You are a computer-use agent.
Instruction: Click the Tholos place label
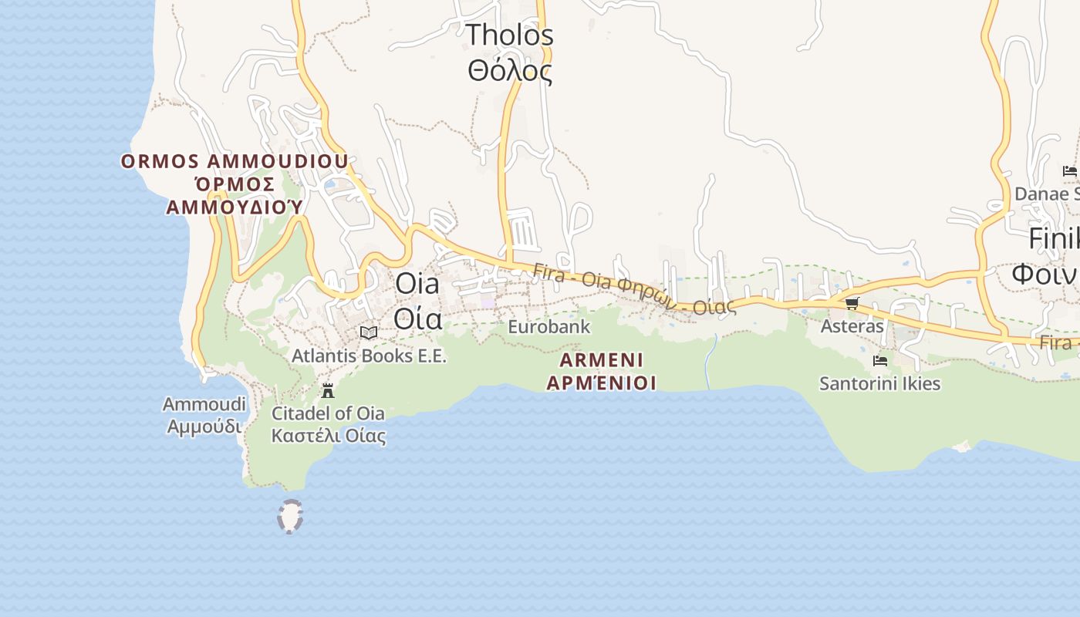pyautogui.click(x=510, y=35)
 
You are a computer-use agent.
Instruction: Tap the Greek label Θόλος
pyautogui.click(x=510, y=71)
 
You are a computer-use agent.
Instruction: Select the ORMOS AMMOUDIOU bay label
pyautogui.click(x=235, y=162)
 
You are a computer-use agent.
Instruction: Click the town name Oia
pyautogui.click(x=417, y=283)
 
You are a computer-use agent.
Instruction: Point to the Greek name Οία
pyautogui.click(x=417, y=317)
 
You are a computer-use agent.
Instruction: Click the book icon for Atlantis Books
pyautogui.click(x=369, y=332)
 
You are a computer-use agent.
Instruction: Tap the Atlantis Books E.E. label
pyautogui.click(x=369, y=356)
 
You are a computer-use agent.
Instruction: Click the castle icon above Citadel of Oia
pyautogui.click(x=328, y=390)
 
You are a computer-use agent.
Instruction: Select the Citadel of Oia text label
pyautogui.click(x=328, y=413)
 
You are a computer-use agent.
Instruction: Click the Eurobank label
pyautogui.click(x=548, y=326)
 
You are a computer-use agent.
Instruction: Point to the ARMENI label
pyautogui.click(x=601, y=360)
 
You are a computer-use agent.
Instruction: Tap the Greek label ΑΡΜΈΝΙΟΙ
pyautogui.click(x=601, y=383)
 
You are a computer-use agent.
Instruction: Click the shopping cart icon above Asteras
pyautogui.click(x=852, y=303)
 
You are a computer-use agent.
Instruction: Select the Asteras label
pyautogui.click(x=852, y=326)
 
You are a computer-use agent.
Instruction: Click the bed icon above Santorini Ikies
pyautogui.click(x=879, y=360)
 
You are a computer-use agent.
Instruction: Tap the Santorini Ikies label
pyautogui.click(x=879, y=383)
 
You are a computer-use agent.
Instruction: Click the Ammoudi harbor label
pyautogui.click(x=204, y=404)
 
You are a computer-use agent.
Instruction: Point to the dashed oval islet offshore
pyautogui.click(x=290, y=517)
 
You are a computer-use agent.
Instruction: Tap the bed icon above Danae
pyautogui.click(x=1069, y=170)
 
